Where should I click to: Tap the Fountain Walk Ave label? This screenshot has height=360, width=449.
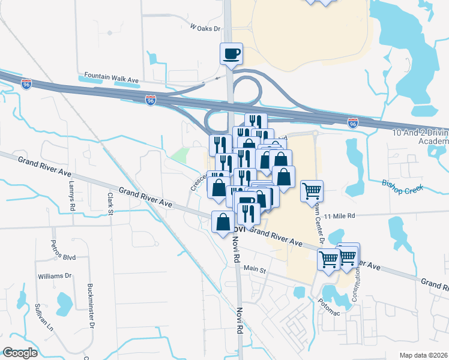pyautogui.click(x=112, y=76)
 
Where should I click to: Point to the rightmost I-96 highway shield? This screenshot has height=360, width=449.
pyautogui.click(x=354, y=122)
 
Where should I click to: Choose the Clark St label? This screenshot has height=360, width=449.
pyautogui.click(x=110, y=203)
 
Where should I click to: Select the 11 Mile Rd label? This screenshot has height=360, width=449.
pyautogui.click(x=340, y=215)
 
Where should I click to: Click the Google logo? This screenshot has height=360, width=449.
pyautogui.click(x=20, y=352)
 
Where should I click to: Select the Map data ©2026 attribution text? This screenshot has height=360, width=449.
pyautogui.click(x=423, y=355)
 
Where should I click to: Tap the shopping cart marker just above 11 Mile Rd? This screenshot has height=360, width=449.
pyautogui.click(x=312, y=191)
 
